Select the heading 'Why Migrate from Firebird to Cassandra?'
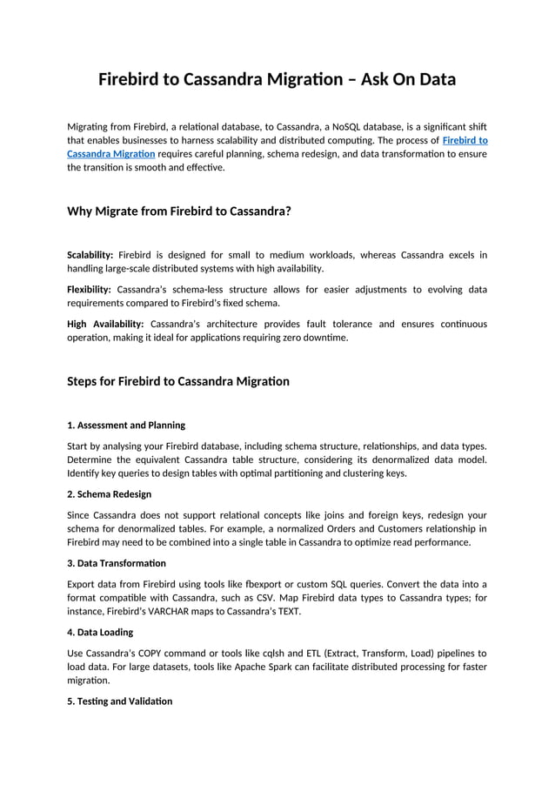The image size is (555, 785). point(178,211)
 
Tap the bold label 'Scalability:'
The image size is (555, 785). point(90,255)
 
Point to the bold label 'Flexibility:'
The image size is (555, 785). point(89,289)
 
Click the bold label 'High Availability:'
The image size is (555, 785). point(105,324)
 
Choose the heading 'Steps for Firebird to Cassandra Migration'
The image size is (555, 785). point(178,381)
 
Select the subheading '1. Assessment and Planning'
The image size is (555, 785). point(126,426)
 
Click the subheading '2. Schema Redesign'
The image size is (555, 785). point(109,494)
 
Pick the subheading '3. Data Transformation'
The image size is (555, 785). point(117,563)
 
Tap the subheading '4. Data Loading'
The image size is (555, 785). point(101,632)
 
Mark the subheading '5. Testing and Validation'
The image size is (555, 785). point(120,701)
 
